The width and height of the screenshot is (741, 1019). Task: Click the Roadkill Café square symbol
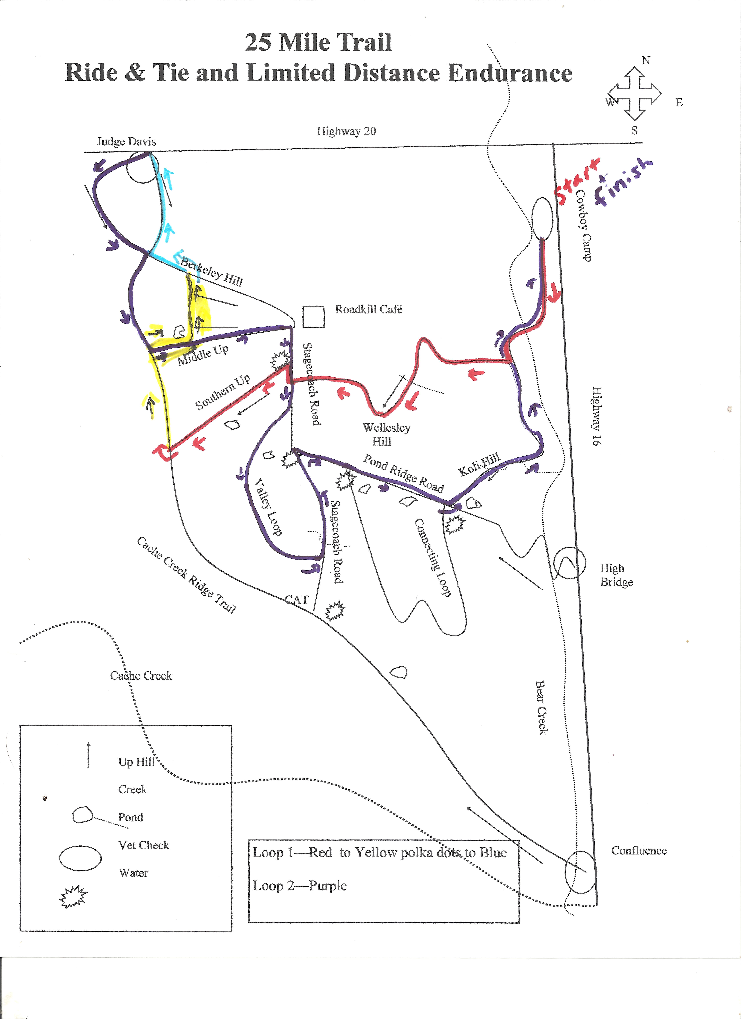(x=313, y=317)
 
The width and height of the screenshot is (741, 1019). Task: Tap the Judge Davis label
(x=126, y=142)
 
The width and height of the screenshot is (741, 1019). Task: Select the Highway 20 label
(x=346, y=131)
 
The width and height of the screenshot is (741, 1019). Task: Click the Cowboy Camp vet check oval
(x=542, y=219)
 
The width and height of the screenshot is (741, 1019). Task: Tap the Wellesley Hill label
(x=386, y=434)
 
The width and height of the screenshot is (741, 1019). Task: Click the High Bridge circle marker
(x=569, y=563)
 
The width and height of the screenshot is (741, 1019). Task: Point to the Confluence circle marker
(x=581, y=872)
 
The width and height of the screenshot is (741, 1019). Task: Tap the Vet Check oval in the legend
(x=80, y=858)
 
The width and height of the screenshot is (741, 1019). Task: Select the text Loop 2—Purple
(x=300, y=886)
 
